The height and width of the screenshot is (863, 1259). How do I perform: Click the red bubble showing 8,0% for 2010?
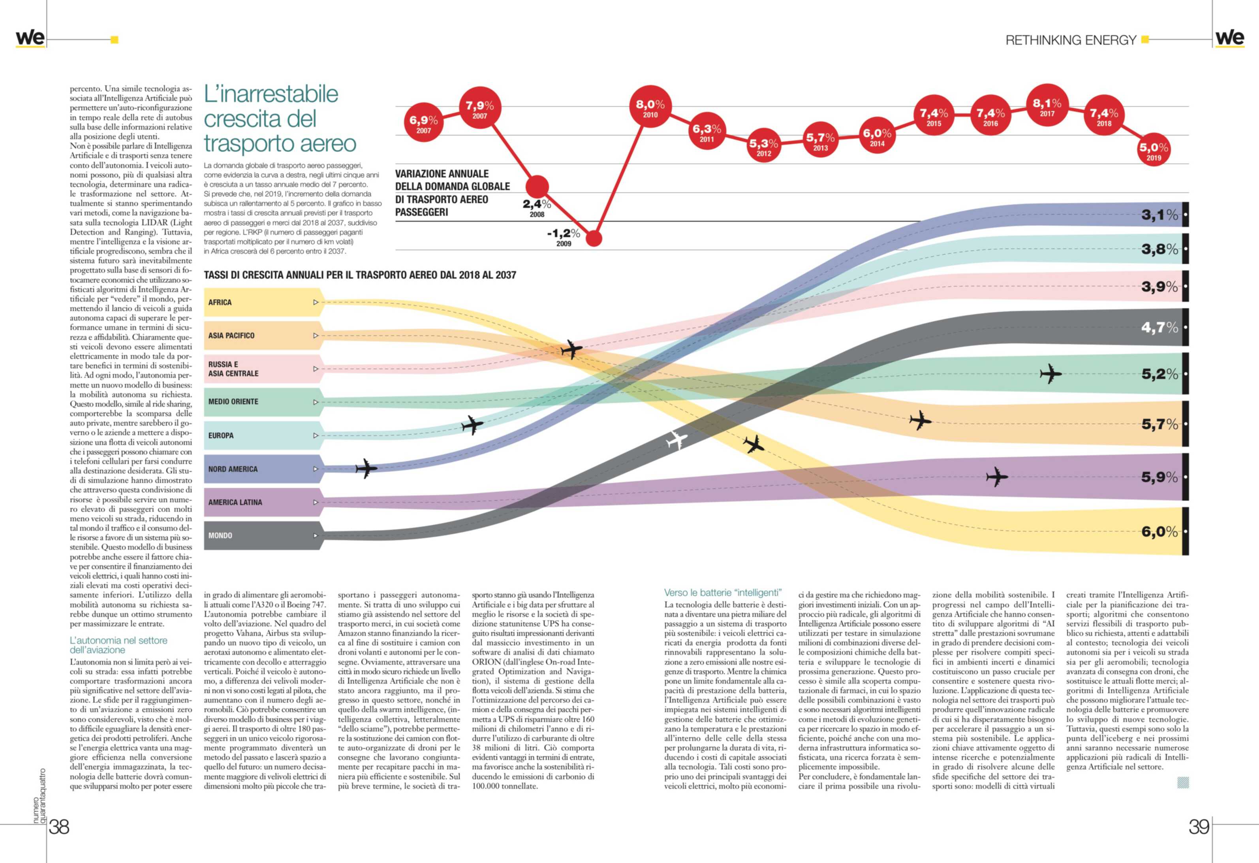click(650, 107)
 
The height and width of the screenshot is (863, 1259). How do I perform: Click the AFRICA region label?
click(220, 302)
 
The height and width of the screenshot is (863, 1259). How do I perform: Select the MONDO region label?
click(220, 535)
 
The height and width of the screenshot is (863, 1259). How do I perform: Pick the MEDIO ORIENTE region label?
click(233, 402)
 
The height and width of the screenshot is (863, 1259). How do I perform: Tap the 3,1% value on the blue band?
click(1159, 215)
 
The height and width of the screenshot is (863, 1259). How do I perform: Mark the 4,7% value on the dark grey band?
click(1159, 328)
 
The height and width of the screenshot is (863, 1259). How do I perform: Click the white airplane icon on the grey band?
click(676, 440)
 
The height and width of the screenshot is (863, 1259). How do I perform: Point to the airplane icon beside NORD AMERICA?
click(366, 468)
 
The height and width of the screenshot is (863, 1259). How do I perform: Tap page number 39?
click(1198, 827)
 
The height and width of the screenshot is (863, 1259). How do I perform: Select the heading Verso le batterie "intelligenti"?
click(723, 592)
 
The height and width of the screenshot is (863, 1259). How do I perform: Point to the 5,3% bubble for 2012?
click(763, 146)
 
